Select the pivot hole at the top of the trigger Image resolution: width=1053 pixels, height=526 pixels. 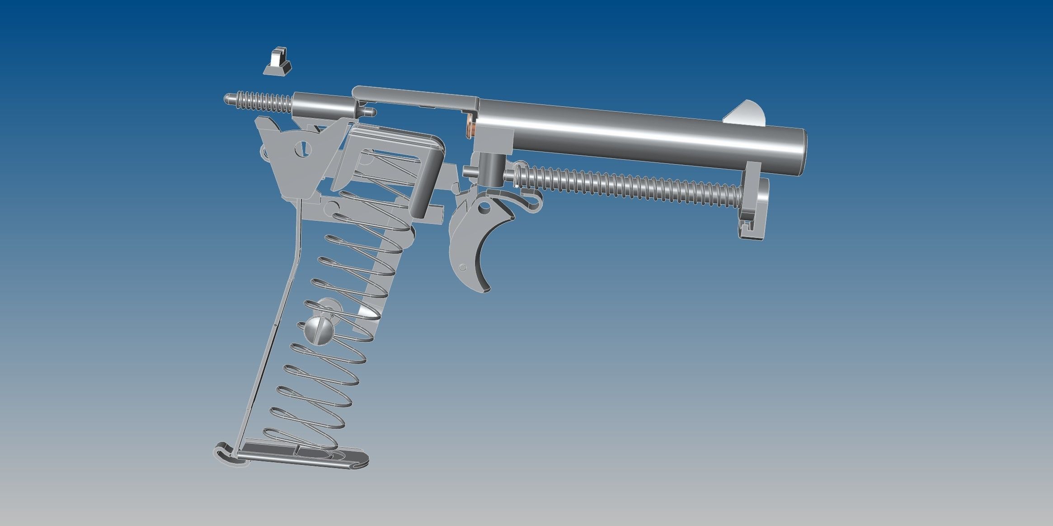tap(484, 208)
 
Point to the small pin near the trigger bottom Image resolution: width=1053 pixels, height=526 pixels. tap(462, 266)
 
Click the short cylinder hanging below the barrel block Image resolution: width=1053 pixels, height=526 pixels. tap(489, 169)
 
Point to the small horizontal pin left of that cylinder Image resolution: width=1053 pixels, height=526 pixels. tap(468, 171)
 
